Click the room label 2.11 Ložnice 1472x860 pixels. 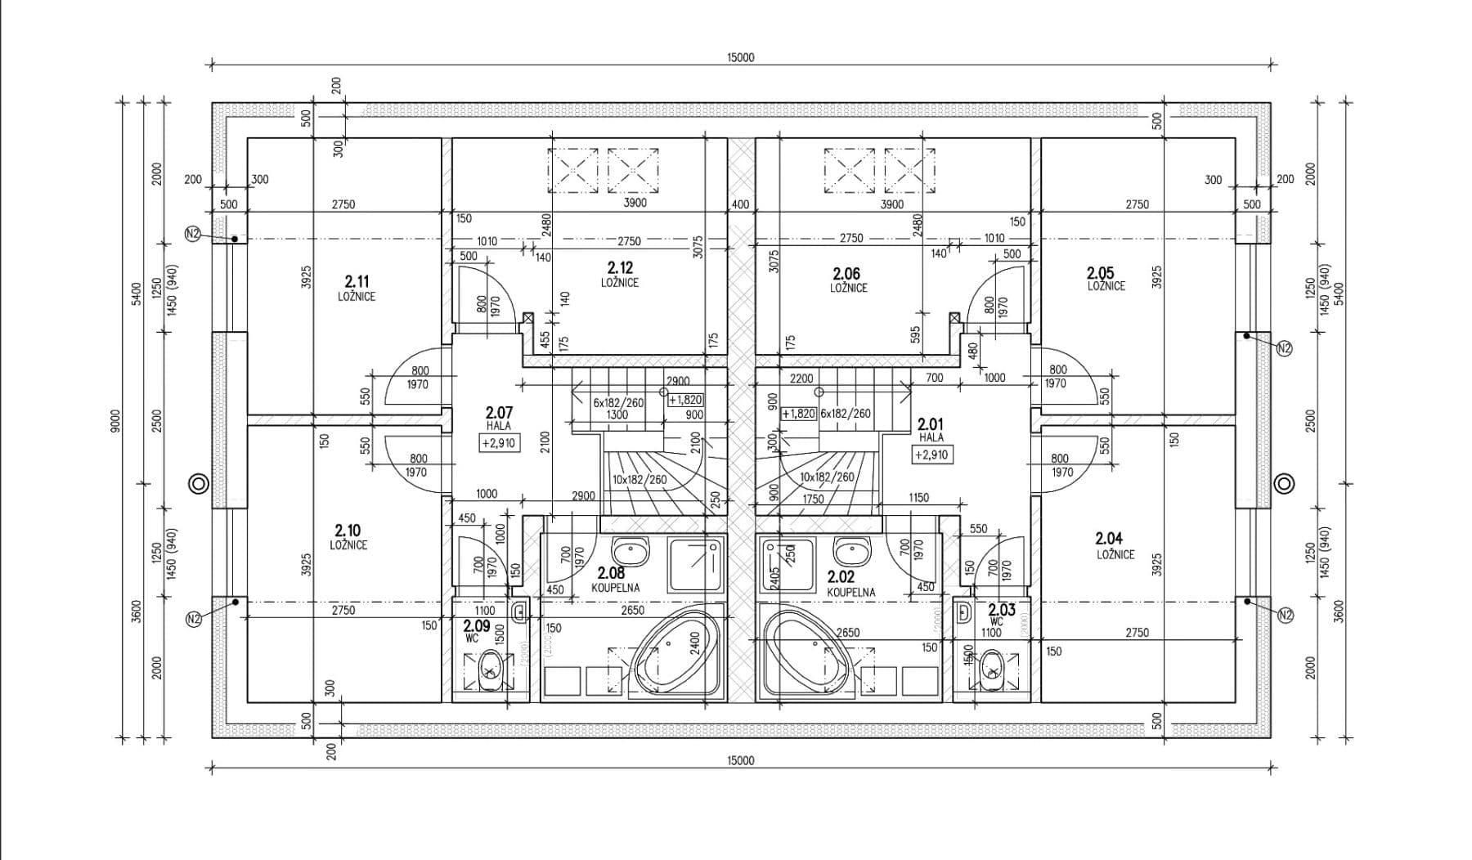click(x=357, y=288)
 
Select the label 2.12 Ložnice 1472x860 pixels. click(x=620, y=274)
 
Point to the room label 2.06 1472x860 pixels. click(x=846, y=273)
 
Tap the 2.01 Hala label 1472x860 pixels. click(x=931, y=429)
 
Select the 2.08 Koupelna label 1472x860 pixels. click(x=613, y=580)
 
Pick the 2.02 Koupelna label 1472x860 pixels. click(x=847, y=584)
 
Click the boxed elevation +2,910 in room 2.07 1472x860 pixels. click(x=498, y=443)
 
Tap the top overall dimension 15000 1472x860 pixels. click(x=740, y=57)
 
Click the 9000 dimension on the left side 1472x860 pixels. click(x=115, y=421)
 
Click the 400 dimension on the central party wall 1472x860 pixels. click(x=740, y=204)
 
